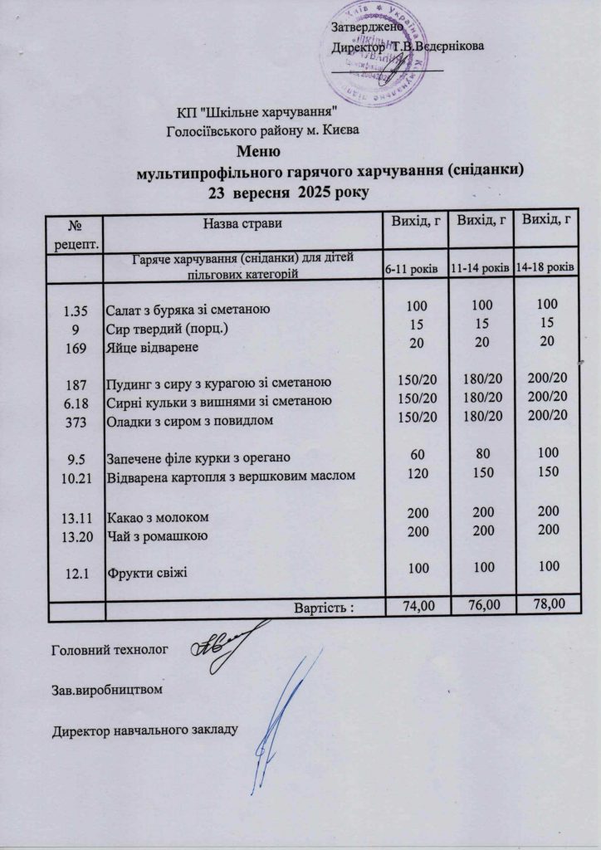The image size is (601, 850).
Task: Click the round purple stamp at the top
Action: pos(372,51)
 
